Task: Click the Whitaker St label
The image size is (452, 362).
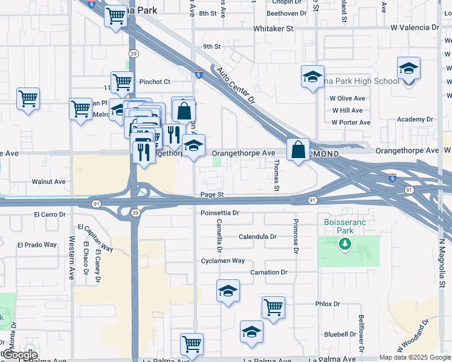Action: (273, 28)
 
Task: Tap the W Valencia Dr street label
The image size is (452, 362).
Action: (414, 28)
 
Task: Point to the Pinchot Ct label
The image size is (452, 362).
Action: (155, 81)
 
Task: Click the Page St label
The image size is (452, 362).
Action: (212, 195)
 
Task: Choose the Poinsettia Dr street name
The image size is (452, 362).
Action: (220, 213)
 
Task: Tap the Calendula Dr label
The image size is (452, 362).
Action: (257, 237)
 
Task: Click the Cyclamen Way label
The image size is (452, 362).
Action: (222, 261)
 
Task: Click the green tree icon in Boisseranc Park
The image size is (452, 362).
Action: (345, 244)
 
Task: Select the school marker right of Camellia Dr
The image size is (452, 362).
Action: (228, 291)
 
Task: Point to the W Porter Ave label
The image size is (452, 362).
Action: (350, 122)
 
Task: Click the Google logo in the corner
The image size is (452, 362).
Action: (19, 355)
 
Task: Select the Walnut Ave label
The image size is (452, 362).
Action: (48, 182)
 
